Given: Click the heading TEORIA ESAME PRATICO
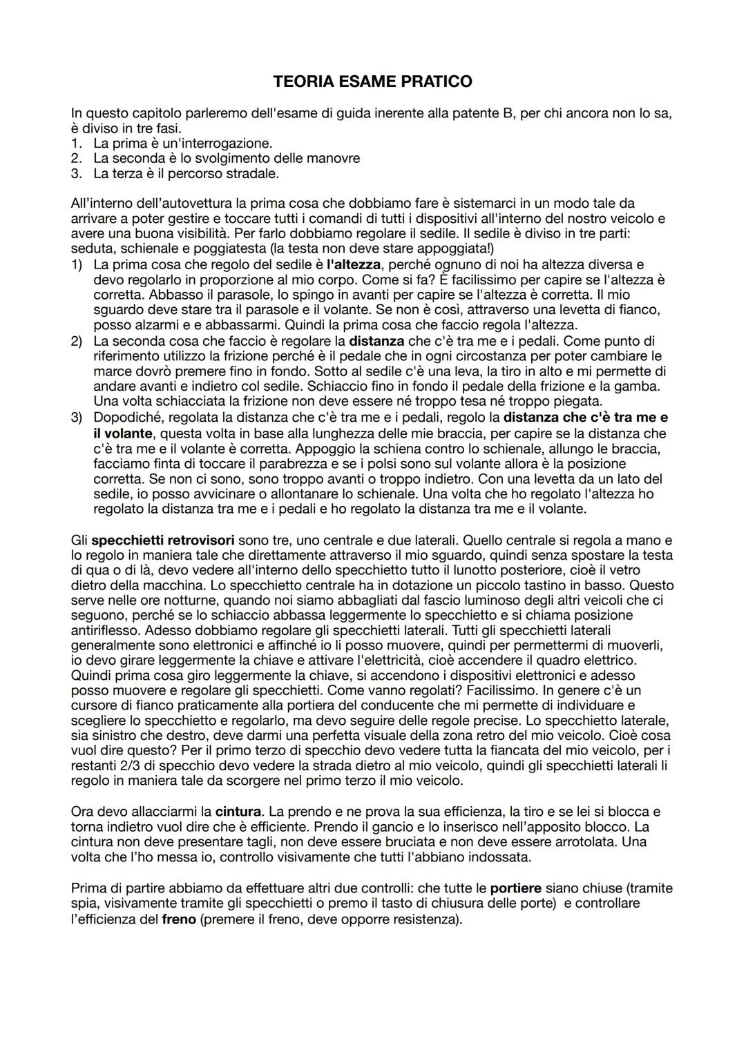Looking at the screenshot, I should [372, 81].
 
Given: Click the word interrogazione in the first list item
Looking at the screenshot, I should [224, 144].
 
